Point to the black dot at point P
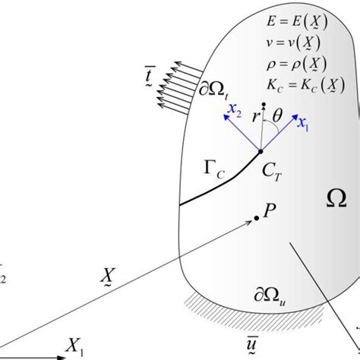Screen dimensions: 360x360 coord(257,218)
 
